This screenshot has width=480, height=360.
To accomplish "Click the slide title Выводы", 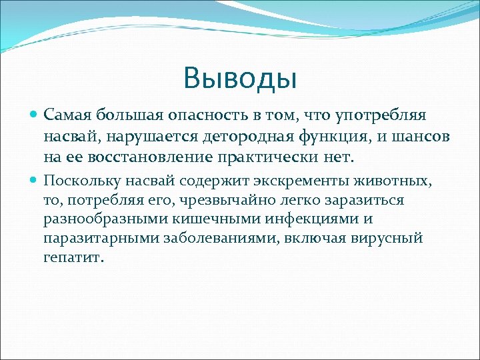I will tap(240, 78).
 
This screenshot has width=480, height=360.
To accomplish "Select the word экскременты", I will tap(291, 180).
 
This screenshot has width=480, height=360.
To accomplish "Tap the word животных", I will tap(393, 180).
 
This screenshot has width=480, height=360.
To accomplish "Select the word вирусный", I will tap(392, 239).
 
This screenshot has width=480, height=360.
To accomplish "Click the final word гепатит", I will tap(72, 258).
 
